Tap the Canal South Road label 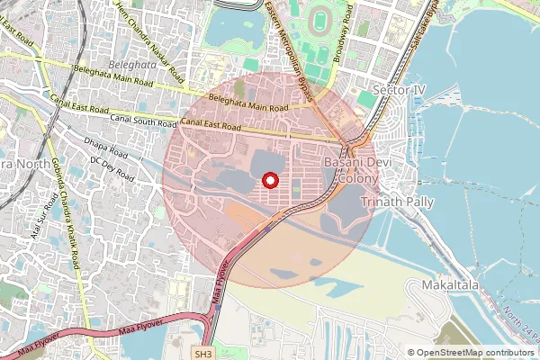[x=143, y=120]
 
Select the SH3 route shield [x=203, y=354]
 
